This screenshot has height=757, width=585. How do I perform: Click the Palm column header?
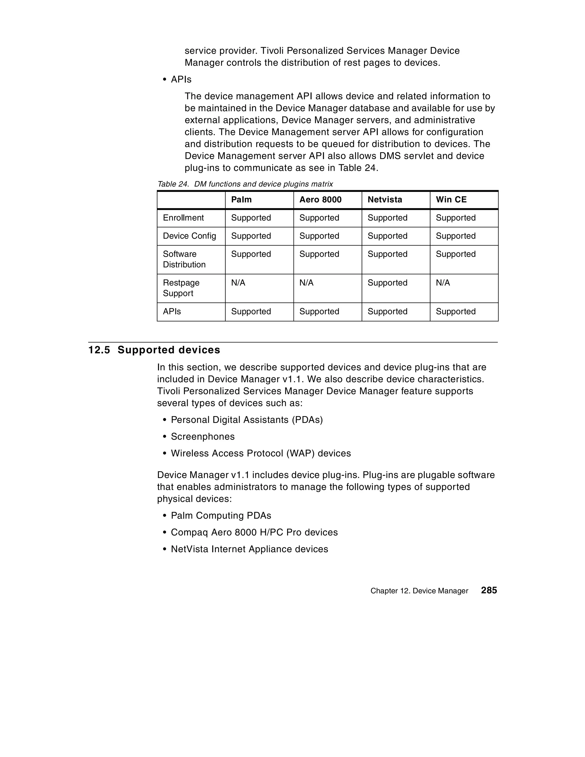[241, 200]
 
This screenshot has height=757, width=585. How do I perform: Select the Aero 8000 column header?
[320, 200]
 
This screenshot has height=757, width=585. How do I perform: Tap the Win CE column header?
[451, 200]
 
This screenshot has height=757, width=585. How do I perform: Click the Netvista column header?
[384, 200]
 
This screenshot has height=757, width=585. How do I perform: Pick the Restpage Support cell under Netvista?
[387, 283]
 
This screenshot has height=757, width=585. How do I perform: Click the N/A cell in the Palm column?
[238, 283]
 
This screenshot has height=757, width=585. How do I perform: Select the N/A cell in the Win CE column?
[443, 283]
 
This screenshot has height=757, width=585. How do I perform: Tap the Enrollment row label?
[183, 218]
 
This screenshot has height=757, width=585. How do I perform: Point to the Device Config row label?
[189, 236]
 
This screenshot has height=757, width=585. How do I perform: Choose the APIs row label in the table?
[172, 312]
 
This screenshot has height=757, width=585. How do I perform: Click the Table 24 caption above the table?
[245, 184]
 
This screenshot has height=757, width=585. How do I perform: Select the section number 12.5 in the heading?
[99, 350]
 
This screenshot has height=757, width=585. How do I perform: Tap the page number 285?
[489, 590]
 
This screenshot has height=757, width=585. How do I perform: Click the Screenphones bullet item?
[203, 437]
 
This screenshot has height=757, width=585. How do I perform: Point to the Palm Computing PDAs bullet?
[221, 516]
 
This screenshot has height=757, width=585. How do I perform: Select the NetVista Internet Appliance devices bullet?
[249, 549]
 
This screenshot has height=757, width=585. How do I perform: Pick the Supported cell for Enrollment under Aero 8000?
[319, 218]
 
